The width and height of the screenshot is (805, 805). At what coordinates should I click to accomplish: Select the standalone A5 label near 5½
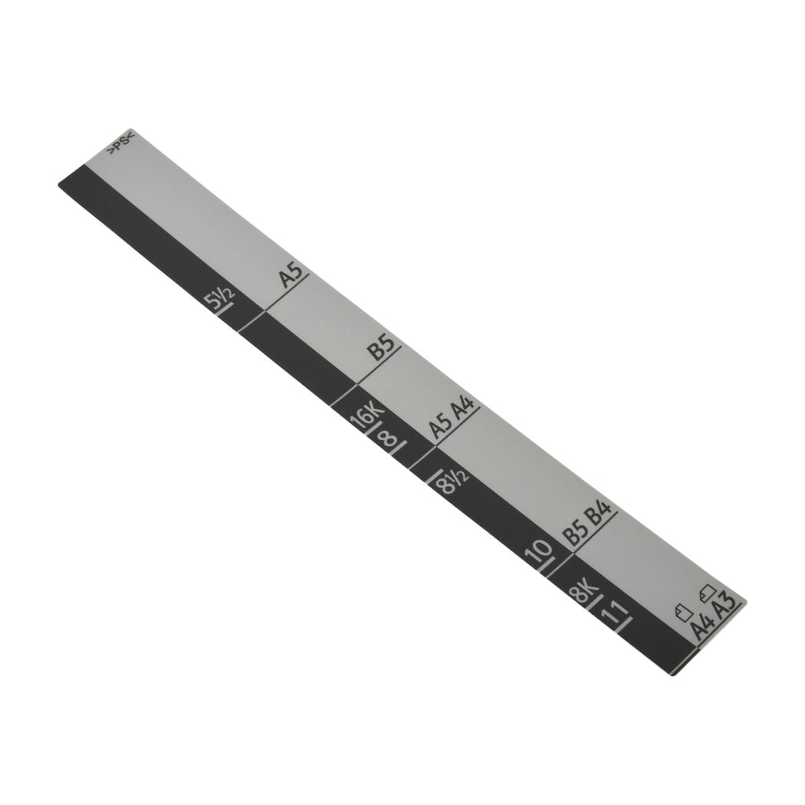point(291,274)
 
